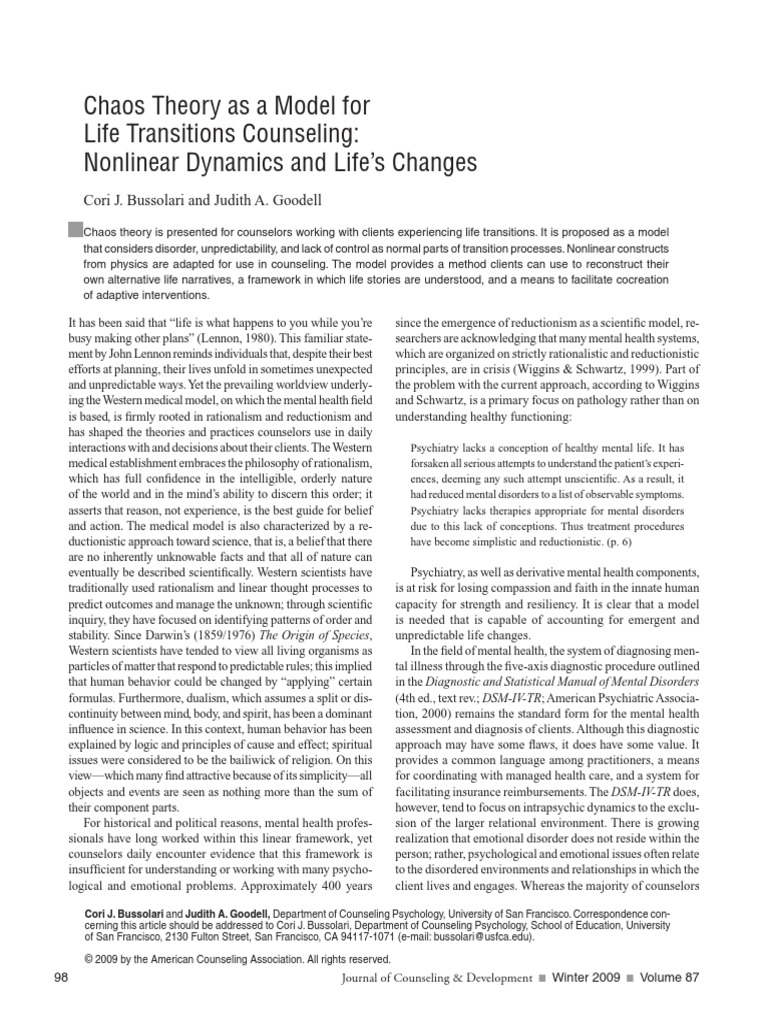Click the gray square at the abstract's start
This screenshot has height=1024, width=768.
point(74,229)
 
